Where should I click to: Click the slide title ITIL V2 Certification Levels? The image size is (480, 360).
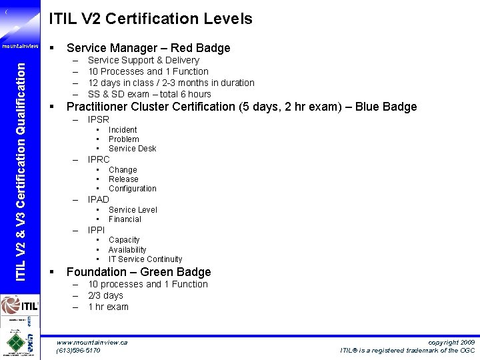pos(151,19)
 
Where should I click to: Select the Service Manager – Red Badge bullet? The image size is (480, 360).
pos(148,48)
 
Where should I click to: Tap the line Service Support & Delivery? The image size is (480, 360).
pos(143,60)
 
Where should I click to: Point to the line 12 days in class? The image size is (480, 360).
pos(171,83)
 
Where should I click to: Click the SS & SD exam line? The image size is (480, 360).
pos(149,94)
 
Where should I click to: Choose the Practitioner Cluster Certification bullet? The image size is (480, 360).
pos(241,107)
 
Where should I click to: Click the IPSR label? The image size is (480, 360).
pos(99,119)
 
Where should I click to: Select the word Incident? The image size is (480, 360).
pos(123,130)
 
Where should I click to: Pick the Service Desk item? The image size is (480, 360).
pos(132,149)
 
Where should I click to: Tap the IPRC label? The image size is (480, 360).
pos(99,159)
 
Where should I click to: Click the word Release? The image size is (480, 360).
pos(123,179)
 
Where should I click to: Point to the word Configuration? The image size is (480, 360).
pos(132,189)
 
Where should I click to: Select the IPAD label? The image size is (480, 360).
pos(99,199)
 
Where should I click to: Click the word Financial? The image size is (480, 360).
pos(125,219)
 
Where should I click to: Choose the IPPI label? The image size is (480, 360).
pos(97,230)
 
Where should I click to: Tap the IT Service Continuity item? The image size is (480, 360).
pos(145,259)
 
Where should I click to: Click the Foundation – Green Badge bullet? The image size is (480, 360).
pos(139,272)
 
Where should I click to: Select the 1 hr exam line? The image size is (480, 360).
pos(108,307)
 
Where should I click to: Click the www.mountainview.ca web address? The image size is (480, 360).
pos(92,342)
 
